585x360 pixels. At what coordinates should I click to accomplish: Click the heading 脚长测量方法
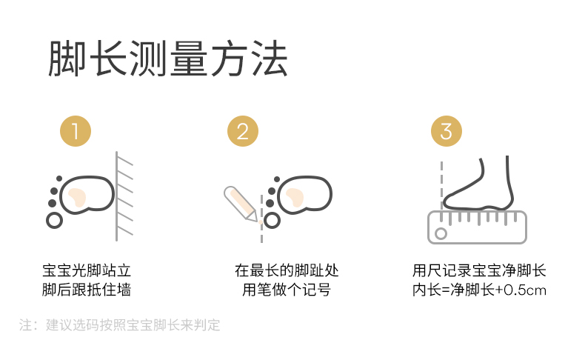(x=168, y=59)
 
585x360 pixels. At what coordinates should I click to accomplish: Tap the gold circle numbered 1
(x=76, y=131)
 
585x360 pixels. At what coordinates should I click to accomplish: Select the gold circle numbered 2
(x=243, y=131)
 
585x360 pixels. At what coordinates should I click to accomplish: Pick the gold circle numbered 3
(x=447, y=131)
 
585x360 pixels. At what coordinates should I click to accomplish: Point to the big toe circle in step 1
(x=55, y=221)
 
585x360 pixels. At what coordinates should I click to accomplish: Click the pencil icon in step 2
(x=241, y=204)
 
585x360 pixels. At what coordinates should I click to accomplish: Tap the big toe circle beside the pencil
(x=272, y=221)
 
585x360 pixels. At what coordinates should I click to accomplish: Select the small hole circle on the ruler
(x=441, y=233)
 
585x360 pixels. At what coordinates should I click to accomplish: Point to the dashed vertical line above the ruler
(x=442, y=184)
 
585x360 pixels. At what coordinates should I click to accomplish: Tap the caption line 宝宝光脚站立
(x=87, y=270)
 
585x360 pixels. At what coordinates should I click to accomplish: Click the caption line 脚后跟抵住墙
(x=87, y=290)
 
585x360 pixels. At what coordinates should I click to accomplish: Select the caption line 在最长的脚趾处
(x=287, y=270)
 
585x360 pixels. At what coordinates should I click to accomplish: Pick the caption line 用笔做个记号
(x=287, y=290)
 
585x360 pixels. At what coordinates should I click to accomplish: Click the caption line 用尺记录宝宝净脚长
(x=479, y=270)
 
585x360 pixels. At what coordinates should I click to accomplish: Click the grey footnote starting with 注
(x=119, y=325)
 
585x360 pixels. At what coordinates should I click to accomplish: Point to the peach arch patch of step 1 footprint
(x=77, y=197)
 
